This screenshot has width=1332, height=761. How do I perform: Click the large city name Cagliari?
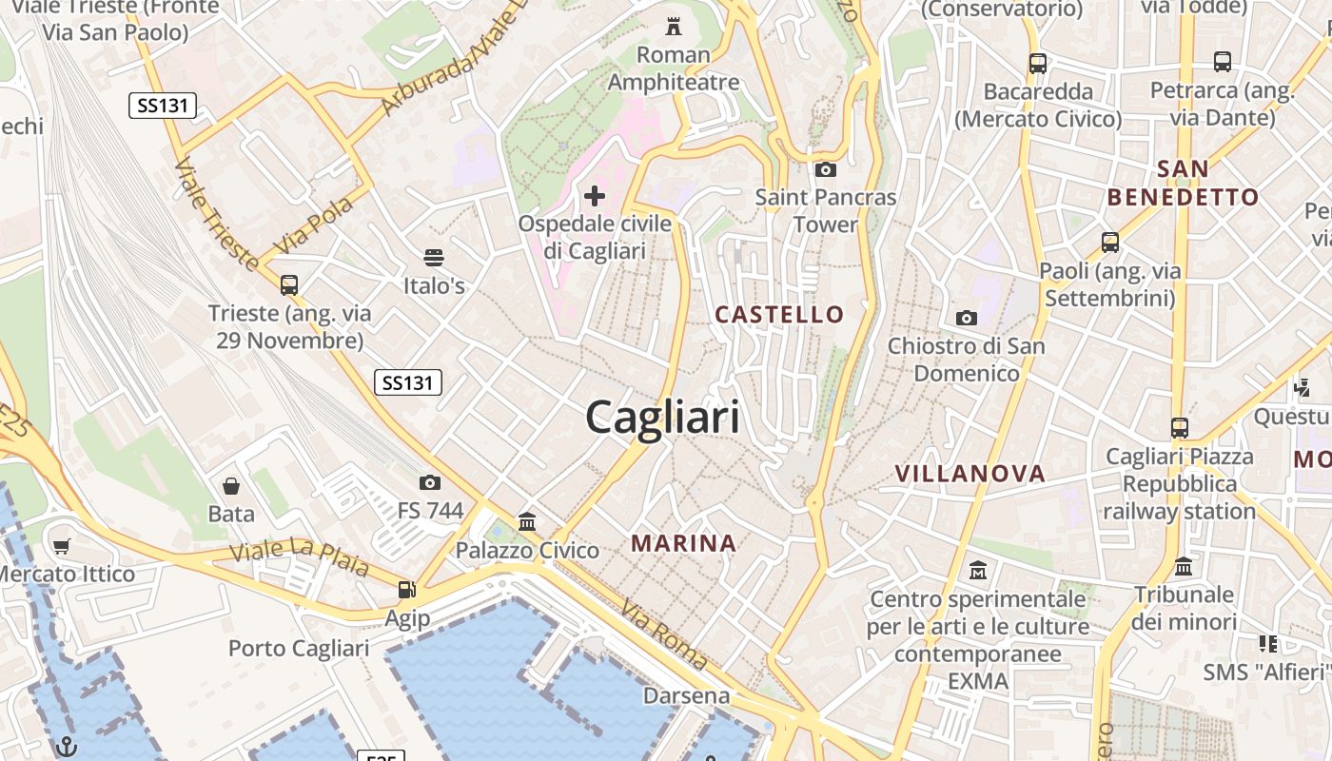pos(662,418)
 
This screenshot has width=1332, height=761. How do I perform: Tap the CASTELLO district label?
pos(779,315)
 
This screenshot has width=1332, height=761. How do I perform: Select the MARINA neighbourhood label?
pos(684,543)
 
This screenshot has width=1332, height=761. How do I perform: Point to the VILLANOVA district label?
pos(970,473)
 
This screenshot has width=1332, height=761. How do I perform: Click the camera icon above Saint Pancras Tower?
pos(825,170)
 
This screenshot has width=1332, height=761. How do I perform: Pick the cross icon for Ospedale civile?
pos(595,197)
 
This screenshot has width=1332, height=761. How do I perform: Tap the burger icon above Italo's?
pos(434,258)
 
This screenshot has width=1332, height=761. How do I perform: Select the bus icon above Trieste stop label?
pos(289,285)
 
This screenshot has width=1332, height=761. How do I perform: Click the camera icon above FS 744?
pos(430,483)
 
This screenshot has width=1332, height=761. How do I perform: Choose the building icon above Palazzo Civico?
pos(527,522)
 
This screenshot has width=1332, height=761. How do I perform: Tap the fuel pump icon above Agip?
pos(407,591)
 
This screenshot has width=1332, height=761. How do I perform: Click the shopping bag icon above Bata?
pos(231,487)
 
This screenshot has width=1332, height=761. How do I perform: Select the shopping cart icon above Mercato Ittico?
pos(62,547)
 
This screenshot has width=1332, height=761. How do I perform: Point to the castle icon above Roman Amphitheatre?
pos(674,26)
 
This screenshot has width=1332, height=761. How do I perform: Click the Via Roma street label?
pos(664,634)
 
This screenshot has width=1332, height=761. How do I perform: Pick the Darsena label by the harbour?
pos(686,695)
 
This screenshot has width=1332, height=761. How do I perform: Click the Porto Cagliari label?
pos(299,649)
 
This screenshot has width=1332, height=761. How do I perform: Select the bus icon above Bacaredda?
pos(1038,65)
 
